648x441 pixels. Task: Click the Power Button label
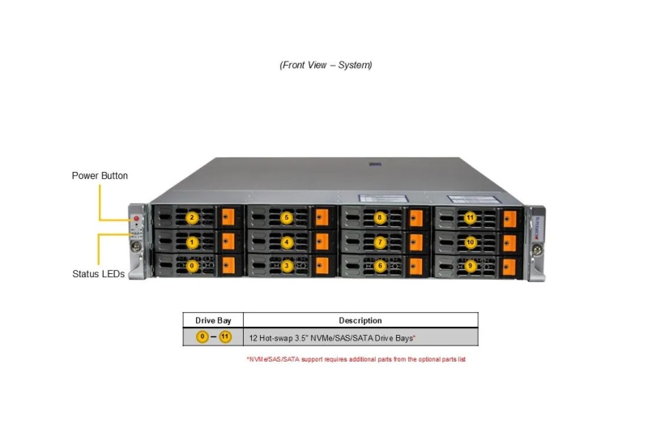100,176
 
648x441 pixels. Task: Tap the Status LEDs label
98,274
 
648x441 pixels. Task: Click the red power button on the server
136,218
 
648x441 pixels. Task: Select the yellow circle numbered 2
192,217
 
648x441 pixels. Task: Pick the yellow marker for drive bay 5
287,217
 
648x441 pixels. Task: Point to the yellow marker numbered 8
380,217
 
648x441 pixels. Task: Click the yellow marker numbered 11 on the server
470,217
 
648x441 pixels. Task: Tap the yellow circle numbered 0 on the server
192,266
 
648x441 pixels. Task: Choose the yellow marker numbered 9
470,266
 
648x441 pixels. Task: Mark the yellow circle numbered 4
287,242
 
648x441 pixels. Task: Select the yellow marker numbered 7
380,242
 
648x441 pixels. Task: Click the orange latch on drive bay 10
509,243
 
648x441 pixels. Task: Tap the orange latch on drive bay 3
322,266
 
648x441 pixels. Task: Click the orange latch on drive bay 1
228,242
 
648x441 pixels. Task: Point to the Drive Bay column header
213,320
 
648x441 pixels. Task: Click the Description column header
360,320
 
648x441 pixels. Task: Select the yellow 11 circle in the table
225,337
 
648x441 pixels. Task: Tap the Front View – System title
326,65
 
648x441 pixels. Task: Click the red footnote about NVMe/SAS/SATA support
356,359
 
